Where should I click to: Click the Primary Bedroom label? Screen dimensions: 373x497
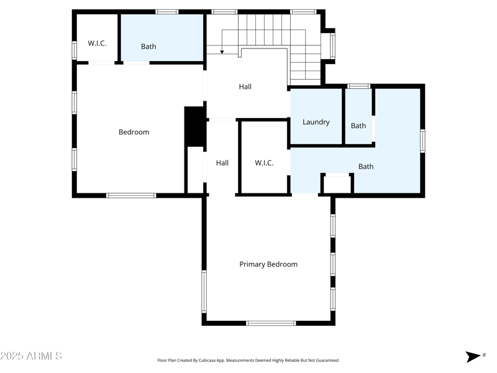pyautogui.click(x=268, y=264)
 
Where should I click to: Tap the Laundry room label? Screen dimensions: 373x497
pyautogui.click(x=316, y=122)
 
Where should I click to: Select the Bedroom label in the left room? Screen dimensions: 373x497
pyautogui.click(x=134, y=132)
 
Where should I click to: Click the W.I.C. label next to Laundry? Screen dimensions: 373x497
pyautogui.click(x=264, y=163)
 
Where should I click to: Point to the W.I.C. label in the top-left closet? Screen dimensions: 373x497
pyautogui.click(x=97, y=44)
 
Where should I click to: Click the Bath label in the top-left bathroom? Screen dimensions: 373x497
pyautogui.click(x=148, y=47)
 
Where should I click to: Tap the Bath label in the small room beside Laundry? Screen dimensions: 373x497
pyautogui.click(x=358, y=126)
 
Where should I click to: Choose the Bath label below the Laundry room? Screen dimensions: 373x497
pyautogui.click(x=366, y=167)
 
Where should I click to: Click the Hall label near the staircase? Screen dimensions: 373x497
pyautogui.click(x=245, y=87)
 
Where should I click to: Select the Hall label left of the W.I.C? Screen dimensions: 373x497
pyautogui.click(x=222, y=163)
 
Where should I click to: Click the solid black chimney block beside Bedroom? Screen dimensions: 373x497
pyautogui.click(x=194, y=127)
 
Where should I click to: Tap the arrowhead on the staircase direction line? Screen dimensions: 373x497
pyautogui.click(x=222, y=52)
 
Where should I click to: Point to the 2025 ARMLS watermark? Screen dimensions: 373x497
pyautogui.click(x=31, y=356)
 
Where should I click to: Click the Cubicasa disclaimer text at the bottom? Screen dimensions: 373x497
pyautogui.click(x=248, y=360)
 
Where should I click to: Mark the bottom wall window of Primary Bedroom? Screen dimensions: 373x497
pyautogui.click(x=271, y=323)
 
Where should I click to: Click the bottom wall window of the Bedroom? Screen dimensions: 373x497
pyautogui.click(x=131, y=195)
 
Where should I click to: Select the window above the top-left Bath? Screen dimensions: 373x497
pyautogui.click(x=166, y=12)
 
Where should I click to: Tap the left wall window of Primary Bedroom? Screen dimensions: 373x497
pyautogui.click(x=204, y=291)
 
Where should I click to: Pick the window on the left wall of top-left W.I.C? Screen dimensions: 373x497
pyautogui.click(x=74, y=50)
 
